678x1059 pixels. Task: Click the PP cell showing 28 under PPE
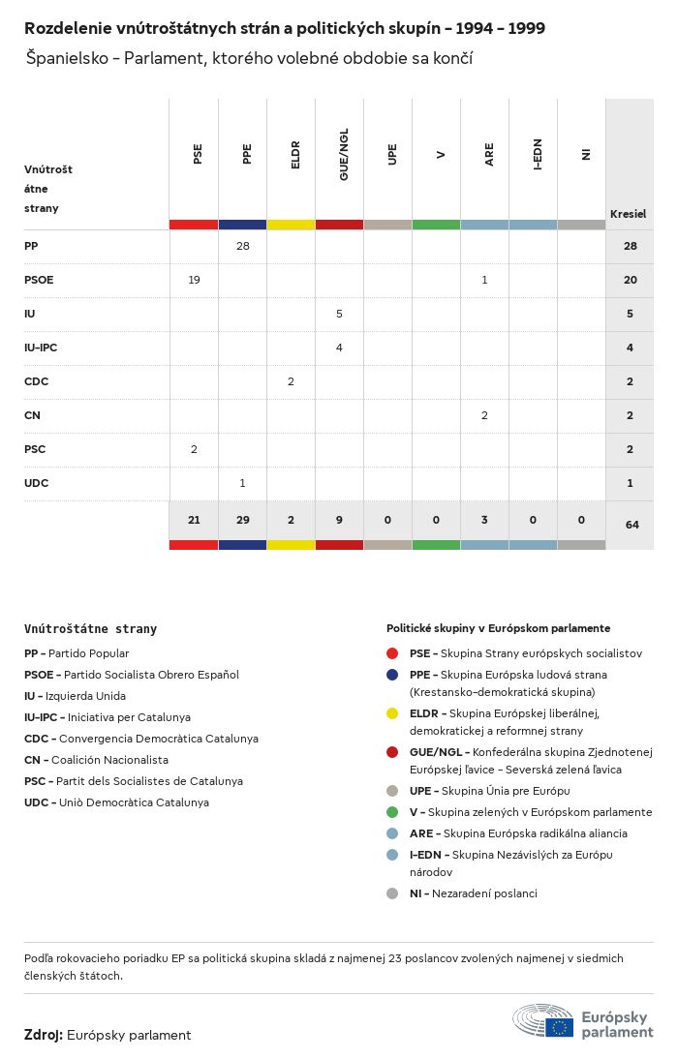click(242, 246)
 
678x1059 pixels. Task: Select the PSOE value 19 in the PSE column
click(194, 280)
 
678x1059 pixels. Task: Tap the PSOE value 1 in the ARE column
click(484, 280)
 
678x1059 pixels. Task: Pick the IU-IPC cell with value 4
click(339, 348)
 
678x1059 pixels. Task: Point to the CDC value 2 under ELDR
click(291, 381)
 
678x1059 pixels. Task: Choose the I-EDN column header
click(538, 155)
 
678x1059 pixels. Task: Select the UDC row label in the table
click(36, 483)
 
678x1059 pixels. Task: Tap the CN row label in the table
click(32, 415)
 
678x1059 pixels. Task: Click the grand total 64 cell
click(632, 525)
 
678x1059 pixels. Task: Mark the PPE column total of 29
click(242, 520)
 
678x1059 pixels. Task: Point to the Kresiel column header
click(628, 214)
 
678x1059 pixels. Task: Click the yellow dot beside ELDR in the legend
click(391, 713)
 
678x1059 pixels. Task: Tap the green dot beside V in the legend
click(391, 812)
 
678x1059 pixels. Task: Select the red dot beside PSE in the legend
click(391, 653)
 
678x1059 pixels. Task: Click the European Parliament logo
click(582, 1022)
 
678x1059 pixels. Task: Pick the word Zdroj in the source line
click(43, 1035)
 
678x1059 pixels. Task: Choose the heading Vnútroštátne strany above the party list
click(90, 628)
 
